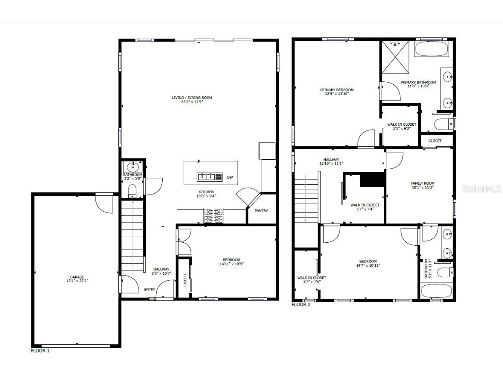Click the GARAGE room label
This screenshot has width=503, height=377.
click(77, 277)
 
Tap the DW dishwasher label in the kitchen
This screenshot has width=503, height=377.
click(230, 177)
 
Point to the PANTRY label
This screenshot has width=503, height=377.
click(261, 210)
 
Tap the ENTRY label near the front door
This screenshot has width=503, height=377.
click(149, 290)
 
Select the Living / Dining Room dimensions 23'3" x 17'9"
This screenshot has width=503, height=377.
click(192, 102)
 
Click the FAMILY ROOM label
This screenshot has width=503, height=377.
click(423, 183)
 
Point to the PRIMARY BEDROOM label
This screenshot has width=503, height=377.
click(336, 90)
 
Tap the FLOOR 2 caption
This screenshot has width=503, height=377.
click(301, 305)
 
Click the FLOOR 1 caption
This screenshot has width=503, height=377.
click(40, 351)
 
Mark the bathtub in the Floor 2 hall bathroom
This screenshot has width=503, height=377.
click(436, 291)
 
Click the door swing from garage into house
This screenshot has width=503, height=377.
click(105, 204)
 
